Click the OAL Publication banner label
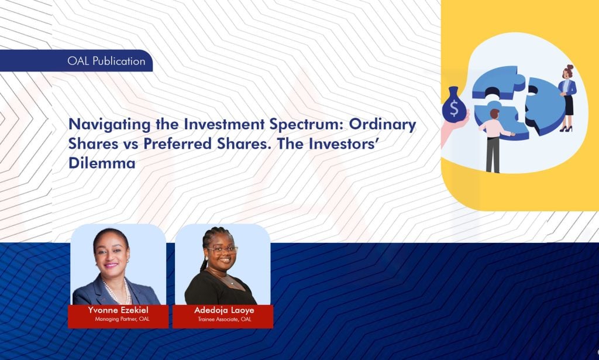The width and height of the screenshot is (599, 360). coord(106,61)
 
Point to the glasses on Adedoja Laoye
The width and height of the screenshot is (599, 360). coord(221,250)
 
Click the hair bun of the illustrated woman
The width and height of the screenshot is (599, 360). coord(570,68)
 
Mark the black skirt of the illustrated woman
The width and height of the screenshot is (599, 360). coord(568,106)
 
